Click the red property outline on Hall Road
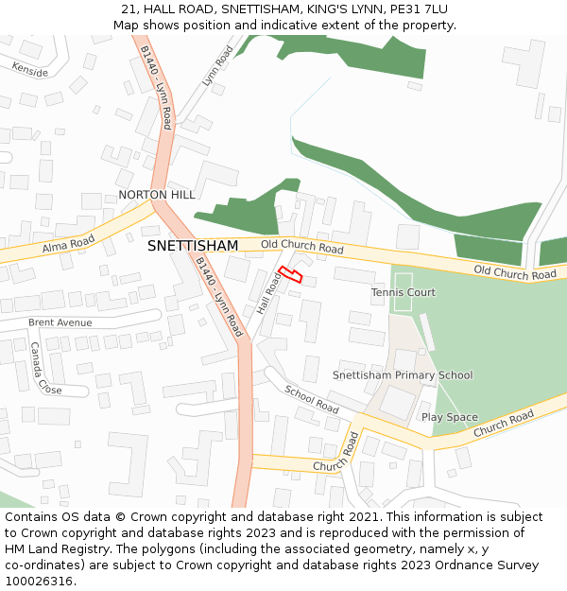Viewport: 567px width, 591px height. pyautogui.click(x=290, y=274)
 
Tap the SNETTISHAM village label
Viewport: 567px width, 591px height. pyautogui.click(x=193, y=246)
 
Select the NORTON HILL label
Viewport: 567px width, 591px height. pyautogui.click(x=157, y=195)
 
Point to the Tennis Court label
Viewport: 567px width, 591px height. pyautogui.click(x=404, y=293)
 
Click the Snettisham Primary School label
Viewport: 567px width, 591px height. pyautogui.click(x=403, y=375)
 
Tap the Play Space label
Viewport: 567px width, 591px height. pyautogui.click(x=450, y=418)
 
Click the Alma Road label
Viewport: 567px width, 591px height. pyautogui.click(x=69, y=245)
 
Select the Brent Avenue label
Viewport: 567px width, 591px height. pyautogui.click(x=60, y=322)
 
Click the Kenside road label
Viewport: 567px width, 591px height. pyautogui.click(x=29, y=69)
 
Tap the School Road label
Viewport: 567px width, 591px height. pyautogui.click(x=312, y=400)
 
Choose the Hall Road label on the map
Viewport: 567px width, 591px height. pyautogui.click(x=269, y=294)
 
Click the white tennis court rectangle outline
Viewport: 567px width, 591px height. pyautogui.click(x=404, y=291)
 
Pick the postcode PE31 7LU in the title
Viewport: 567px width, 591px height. pyautogui.click(x=417, y=9)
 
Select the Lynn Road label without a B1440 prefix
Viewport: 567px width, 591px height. pyautogui.click(x=217, y=66)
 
